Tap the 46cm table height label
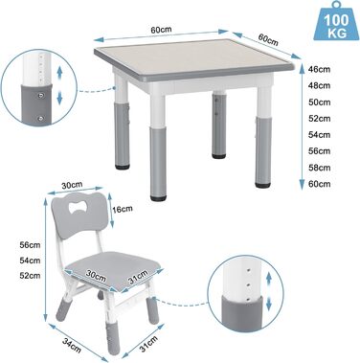click(x=320, y=69)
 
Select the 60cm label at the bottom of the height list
click(x=320, y=184)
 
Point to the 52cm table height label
click(x=320, y=119)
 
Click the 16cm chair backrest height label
click(x=122, y=209)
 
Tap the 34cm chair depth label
click(x=72, y=345)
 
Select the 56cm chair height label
click(x=30, y=245)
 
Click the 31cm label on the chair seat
click(x=138, y=277)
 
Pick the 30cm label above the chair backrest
click(x=72, y=185)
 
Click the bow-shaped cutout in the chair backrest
click(x=78, y=209)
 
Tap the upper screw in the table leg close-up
click(x=40, y=95)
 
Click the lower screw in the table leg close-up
click(x=40, y=119)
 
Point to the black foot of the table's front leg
click(x=158, y=198)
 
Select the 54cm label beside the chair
click(x=30, y=261)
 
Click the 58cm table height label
click(x=320, y=168)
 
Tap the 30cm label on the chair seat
click(x=96, y=275)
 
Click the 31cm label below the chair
click(x=147, y=344)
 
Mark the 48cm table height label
click(x=320, y=85)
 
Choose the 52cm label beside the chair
click(x=30, y=275)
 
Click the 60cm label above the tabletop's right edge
click(x=268, y=39)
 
